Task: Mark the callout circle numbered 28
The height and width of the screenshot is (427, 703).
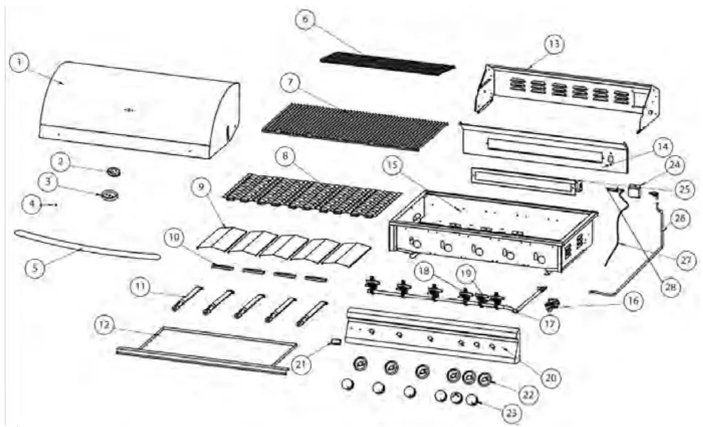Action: (664, 289)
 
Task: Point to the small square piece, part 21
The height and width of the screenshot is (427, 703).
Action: (336, 341)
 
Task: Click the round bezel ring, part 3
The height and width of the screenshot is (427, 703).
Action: (110, 196)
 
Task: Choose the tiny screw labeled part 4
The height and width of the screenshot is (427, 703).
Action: (54, 204)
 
